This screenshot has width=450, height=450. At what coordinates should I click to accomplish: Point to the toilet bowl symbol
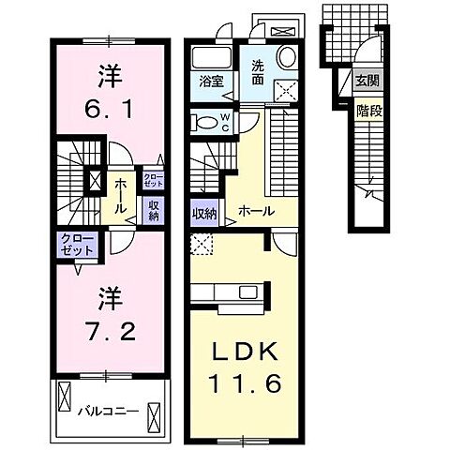pos(203,122)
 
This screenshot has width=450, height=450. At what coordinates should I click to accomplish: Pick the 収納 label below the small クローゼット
pos(154,209)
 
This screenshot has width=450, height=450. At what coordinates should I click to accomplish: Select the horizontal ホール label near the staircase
pos(255,212)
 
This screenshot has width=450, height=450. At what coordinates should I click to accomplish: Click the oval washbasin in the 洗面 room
pos(288,54)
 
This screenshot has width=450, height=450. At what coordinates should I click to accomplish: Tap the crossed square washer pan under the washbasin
pos(284,88)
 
